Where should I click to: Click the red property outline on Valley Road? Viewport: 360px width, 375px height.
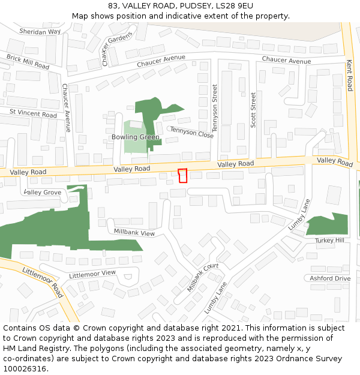pos(183,175)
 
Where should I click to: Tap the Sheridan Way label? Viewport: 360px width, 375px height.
pos(40,31)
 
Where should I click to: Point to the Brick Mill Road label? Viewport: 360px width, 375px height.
pos(28,62)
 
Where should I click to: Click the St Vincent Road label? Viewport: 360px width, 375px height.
pos(33,113)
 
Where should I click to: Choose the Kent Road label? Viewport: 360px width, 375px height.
pos(349,75)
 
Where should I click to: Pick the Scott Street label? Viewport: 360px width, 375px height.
pos(254,109)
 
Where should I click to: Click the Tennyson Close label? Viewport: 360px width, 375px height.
pos(191,133)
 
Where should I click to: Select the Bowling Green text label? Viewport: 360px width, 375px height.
pos(136,137)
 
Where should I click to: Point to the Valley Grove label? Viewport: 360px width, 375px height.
pos(43,192)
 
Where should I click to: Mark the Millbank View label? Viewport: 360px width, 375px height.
pos(134,232)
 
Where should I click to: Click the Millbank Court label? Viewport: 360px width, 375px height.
pos(203,277)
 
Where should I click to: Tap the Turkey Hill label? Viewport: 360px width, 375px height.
pos(329,240)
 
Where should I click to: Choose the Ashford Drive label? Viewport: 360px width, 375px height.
pos(329,278)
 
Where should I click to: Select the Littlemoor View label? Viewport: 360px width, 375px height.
pos(92,274)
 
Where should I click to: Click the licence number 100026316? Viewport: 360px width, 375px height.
pos(25,369)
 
